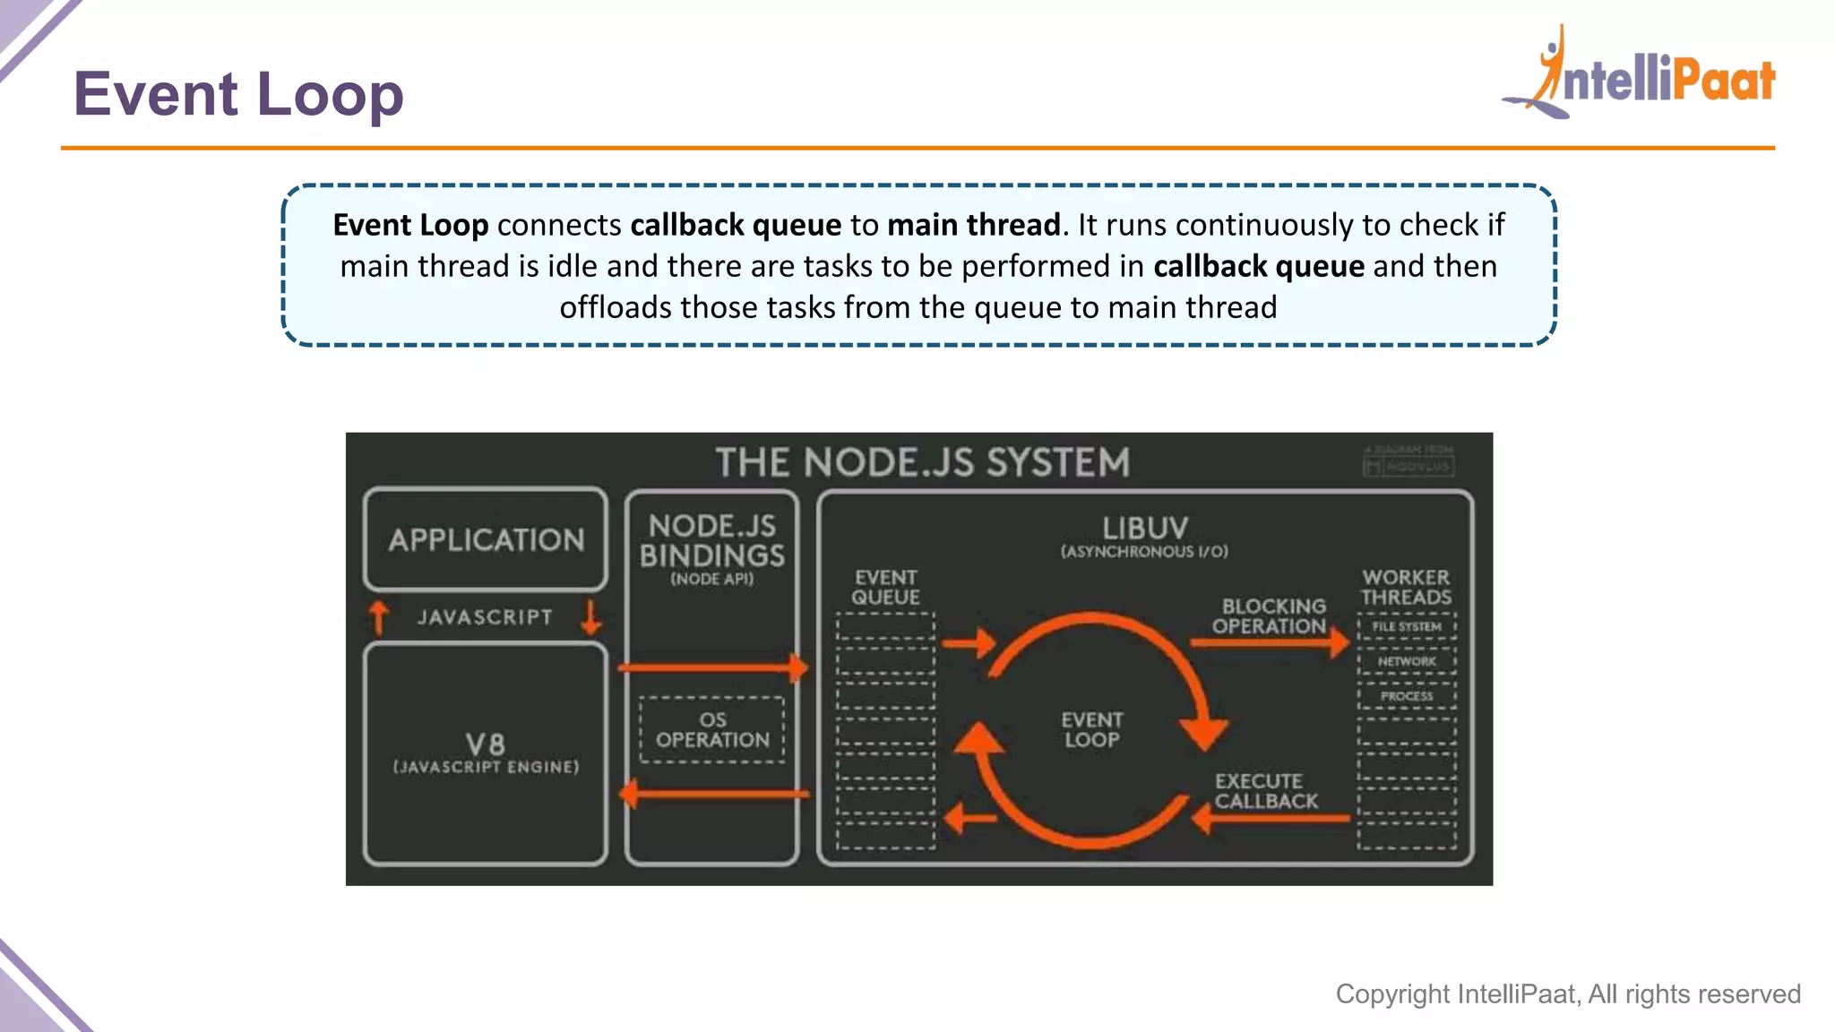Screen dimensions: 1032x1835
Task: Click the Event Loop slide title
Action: coord(238,94)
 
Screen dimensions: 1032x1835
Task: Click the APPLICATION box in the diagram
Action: coord(486,539)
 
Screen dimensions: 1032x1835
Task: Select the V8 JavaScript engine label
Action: coord(486,752)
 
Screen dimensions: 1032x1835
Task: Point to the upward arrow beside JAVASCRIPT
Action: coord(379,617)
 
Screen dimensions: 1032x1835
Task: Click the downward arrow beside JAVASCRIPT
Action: coord(590,617)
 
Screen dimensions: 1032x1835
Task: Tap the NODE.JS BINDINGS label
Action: coord(711,541)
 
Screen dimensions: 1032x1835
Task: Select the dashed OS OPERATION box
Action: coord(711,730)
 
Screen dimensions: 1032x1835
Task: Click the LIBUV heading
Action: coord(1144,528)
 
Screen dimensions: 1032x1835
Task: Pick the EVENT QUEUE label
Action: coord(885,588)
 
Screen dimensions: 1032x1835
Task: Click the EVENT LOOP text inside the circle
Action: coord(1091,729)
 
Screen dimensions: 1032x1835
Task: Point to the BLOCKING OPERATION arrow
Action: coord(1269,641)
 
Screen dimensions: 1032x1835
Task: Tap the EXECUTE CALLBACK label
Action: coord(1265,791)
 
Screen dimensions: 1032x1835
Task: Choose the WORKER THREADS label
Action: coord(1406,588)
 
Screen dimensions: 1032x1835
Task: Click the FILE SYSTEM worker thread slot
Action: coord(1407,626)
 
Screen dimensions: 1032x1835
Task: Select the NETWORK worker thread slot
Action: coord(1407,661)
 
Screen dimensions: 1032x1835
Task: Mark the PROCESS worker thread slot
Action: coord(1407,696)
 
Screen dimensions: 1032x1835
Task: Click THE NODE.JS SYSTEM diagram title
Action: coord(922,463)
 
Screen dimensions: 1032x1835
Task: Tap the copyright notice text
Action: coord(1567,993)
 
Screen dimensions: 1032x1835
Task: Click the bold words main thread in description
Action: coord(973,225)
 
